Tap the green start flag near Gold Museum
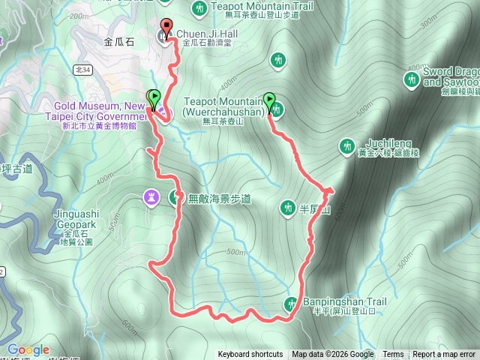pos(154,97)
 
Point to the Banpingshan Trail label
pos(344,302)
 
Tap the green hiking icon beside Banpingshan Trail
pos(291,304)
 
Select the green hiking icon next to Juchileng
pos(347,145)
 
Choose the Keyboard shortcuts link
pos(250,355)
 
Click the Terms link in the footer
pos(393,355)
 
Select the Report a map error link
pos(445,355)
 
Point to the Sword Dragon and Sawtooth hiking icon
pos(411,79)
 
